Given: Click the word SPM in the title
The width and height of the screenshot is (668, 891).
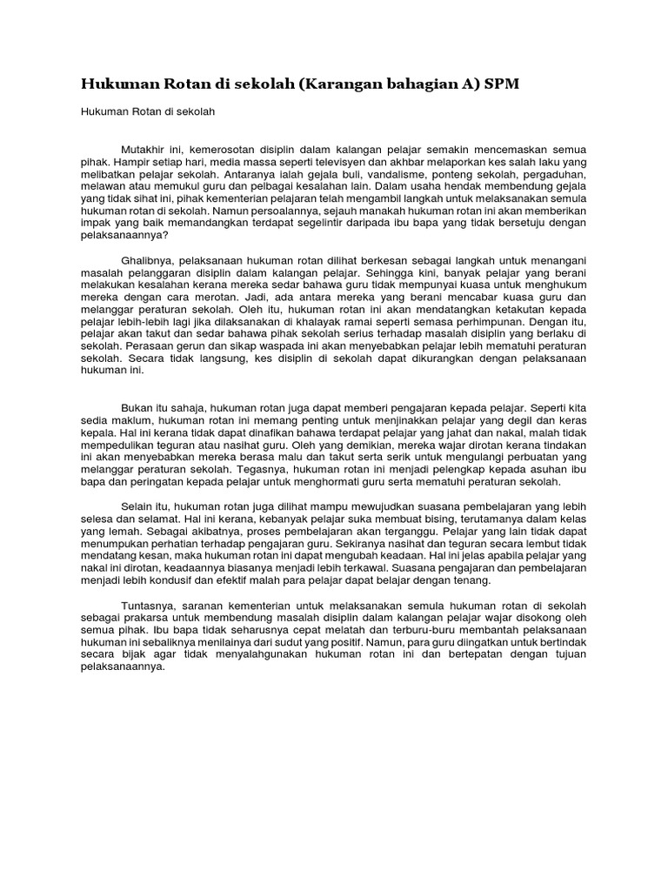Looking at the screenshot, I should pyautogui.click(x=508, y=84).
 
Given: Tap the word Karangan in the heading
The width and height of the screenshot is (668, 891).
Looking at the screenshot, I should pyautogui.click(x=341, y=84).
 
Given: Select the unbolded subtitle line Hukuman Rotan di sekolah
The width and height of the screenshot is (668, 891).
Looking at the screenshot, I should pyautogui.click(x=147, y=111).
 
